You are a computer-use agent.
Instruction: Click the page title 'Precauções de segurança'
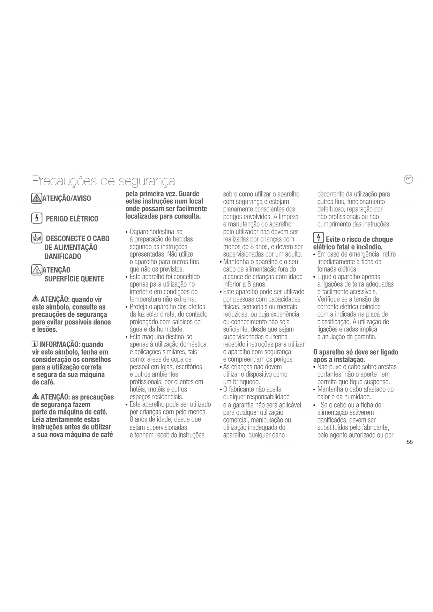tap(103, 181)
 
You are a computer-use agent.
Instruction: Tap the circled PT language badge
tap(408, 179)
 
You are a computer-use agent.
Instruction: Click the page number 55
tap(410, 442)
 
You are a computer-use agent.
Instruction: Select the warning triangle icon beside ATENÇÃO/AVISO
tap(36, 198)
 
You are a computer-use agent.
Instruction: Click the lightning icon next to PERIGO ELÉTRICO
tap(36, 219)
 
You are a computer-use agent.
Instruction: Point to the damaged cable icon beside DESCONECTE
tap(37, 239)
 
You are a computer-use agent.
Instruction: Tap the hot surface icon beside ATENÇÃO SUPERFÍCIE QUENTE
tap(36, 270)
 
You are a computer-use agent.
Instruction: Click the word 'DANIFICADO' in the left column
tap(62, 256)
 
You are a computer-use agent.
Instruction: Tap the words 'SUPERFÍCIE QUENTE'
tap(74, 279)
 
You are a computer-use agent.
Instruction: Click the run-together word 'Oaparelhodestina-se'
tap(156, 232)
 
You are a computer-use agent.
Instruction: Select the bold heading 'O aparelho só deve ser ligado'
tap(356, 352)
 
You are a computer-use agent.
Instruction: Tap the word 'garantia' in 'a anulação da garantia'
tap(365, 337)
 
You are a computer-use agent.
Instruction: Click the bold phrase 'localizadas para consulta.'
tap(163, 216)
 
